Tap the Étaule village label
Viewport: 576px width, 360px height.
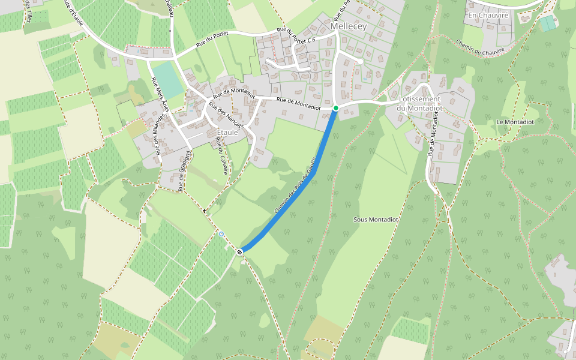pyautogui.click(x=227, y=132)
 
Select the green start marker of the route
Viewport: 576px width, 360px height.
pyautogui.click(x=336, y=108)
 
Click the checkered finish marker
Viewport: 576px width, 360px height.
pyautogui.click(x=240, y=251)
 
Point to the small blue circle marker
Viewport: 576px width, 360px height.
pyautogui.click(x=221, y=234)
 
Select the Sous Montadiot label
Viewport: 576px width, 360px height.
pyautogui.click(x=376, y=220)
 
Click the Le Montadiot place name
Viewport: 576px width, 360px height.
pyautogui.click(x=511, y=122)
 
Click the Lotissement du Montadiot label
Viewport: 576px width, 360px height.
pyautogui.click(x=420, y=103)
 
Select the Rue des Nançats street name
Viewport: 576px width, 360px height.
pyautogui.click(x=225, y=117)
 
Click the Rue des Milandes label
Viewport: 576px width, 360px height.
pyautogui.click(x=157, y=136)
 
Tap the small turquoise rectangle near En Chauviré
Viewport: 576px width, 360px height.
pyautogui.click(x=547, y=23)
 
